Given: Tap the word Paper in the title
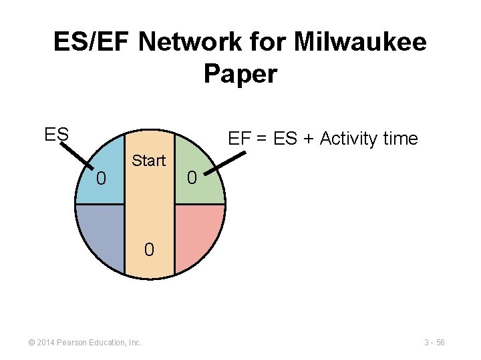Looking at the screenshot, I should click(240, 74).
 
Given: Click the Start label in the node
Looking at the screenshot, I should click(148, 161).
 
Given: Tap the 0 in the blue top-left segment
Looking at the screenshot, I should click(101, 179).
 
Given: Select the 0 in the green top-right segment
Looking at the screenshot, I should click(192, 178).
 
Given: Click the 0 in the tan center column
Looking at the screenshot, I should click(149, 250).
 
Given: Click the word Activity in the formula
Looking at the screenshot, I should click(351, 139).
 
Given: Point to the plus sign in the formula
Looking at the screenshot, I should click(307, 139).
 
